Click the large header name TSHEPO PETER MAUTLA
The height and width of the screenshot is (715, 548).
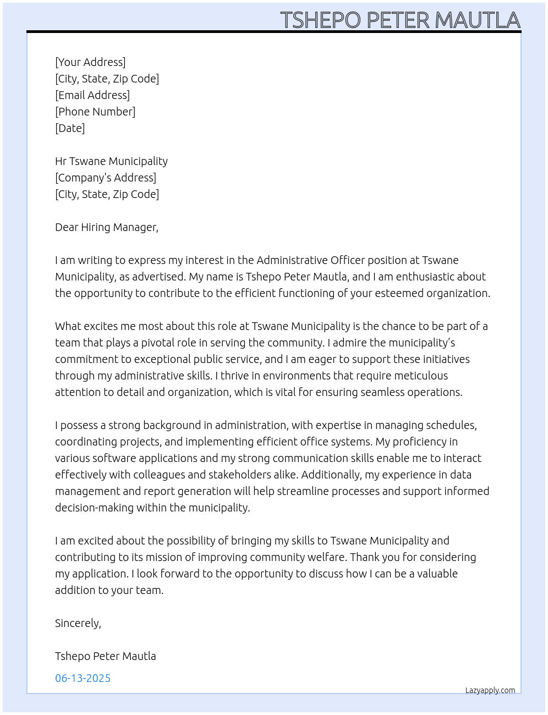tap(400, 20)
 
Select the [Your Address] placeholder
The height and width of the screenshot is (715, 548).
tap(90, 62)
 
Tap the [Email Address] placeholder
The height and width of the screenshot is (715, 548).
tap(92, 95)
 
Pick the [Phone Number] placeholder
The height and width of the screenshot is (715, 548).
tap(95, 112)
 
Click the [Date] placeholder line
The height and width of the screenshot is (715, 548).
tap(70, 128)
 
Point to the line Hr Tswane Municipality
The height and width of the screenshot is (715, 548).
tap(111, 161)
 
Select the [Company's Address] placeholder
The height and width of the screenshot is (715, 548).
tap(106, 178)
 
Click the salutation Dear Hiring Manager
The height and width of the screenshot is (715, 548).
tap(106, 227)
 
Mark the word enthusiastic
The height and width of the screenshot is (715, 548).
tap(433, 277)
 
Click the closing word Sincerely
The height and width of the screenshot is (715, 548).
tap(78, 623)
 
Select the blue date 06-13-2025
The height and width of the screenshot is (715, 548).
tap(83, 678)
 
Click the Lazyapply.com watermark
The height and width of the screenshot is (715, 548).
tap(490, 690)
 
